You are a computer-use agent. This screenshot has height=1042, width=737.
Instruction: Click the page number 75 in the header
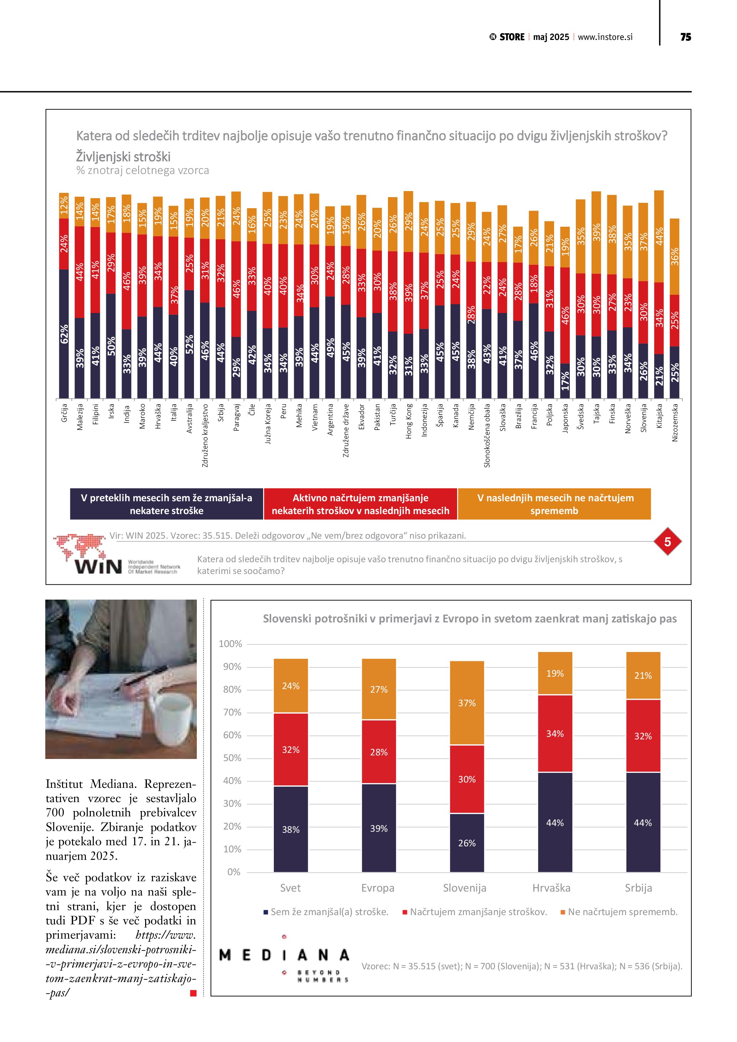[685, 37]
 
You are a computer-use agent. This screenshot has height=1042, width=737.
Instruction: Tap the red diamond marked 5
[667, 541]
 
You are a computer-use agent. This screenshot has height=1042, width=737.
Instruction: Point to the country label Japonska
[565, 419]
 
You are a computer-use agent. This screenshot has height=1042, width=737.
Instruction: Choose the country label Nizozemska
[675, 422]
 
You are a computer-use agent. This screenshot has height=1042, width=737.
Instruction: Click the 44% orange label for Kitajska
[659, 236]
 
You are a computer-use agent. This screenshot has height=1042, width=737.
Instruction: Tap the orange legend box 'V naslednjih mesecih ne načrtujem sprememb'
[554, 504]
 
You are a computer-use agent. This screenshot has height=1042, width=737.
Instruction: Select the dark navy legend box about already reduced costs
[167, 504]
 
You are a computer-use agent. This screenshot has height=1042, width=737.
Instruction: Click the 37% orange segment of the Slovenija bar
[466, 703]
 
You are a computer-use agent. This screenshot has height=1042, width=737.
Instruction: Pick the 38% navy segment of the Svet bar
[291, 830]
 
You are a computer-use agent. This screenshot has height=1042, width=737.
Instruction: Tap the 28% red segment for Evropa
[379, 752]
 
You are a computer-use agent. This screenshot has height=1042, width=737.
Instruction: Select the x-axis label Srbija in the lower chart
[638, 888]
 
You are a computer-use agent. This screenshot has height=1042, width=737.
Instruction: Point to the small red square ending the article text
[193, 994]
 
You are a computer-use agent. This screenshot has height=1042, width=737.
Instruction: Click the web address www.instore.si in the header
[605, 37]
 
